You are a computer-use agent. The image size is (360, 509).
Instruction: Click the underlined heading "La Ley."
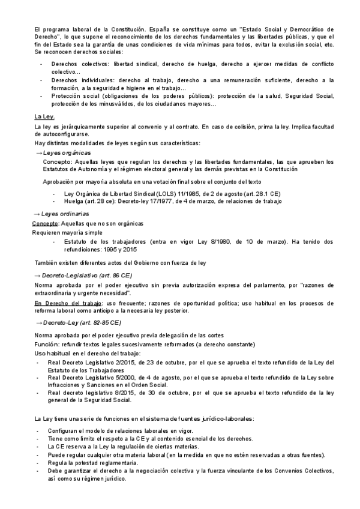click(44, 116)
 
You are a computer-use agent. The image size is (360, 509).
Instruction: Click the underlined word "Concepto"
click(44, 223)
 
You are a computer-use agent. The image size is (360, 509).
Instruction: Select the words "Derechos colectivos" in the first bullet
click(74, 63)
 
